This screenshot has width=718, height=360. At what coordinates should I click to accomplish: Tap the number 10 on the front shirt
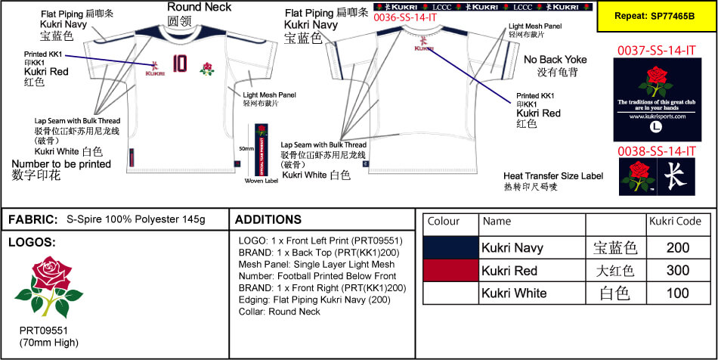pos(179,63)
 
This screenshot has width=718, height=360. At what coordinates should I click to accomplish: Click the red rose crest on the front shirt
pos(206,69)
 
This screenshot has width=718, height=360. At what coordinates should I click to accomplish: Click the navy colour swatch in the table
pos(450,247)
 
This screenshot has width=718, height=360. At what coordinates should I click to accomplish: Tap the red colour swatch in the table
pos(450,271)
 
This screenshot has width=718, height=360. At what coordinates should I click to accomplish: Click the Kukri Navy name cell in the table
pos(512,247)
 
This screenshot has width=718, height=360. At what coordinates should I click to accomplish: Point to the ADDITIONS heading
pos(268,219)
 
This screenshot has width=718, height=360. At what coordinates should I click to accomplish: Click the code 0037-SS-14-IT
pos(656,51)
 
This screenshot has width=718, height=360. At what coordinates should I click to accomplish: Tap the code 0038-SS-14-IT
pos(656,151)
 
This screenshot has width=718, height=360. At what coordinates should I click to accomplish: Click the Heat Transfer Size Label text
pos(553,175)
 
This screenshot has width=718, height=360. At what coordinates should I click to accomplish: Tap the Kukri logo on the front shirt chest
pos(155,68)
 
